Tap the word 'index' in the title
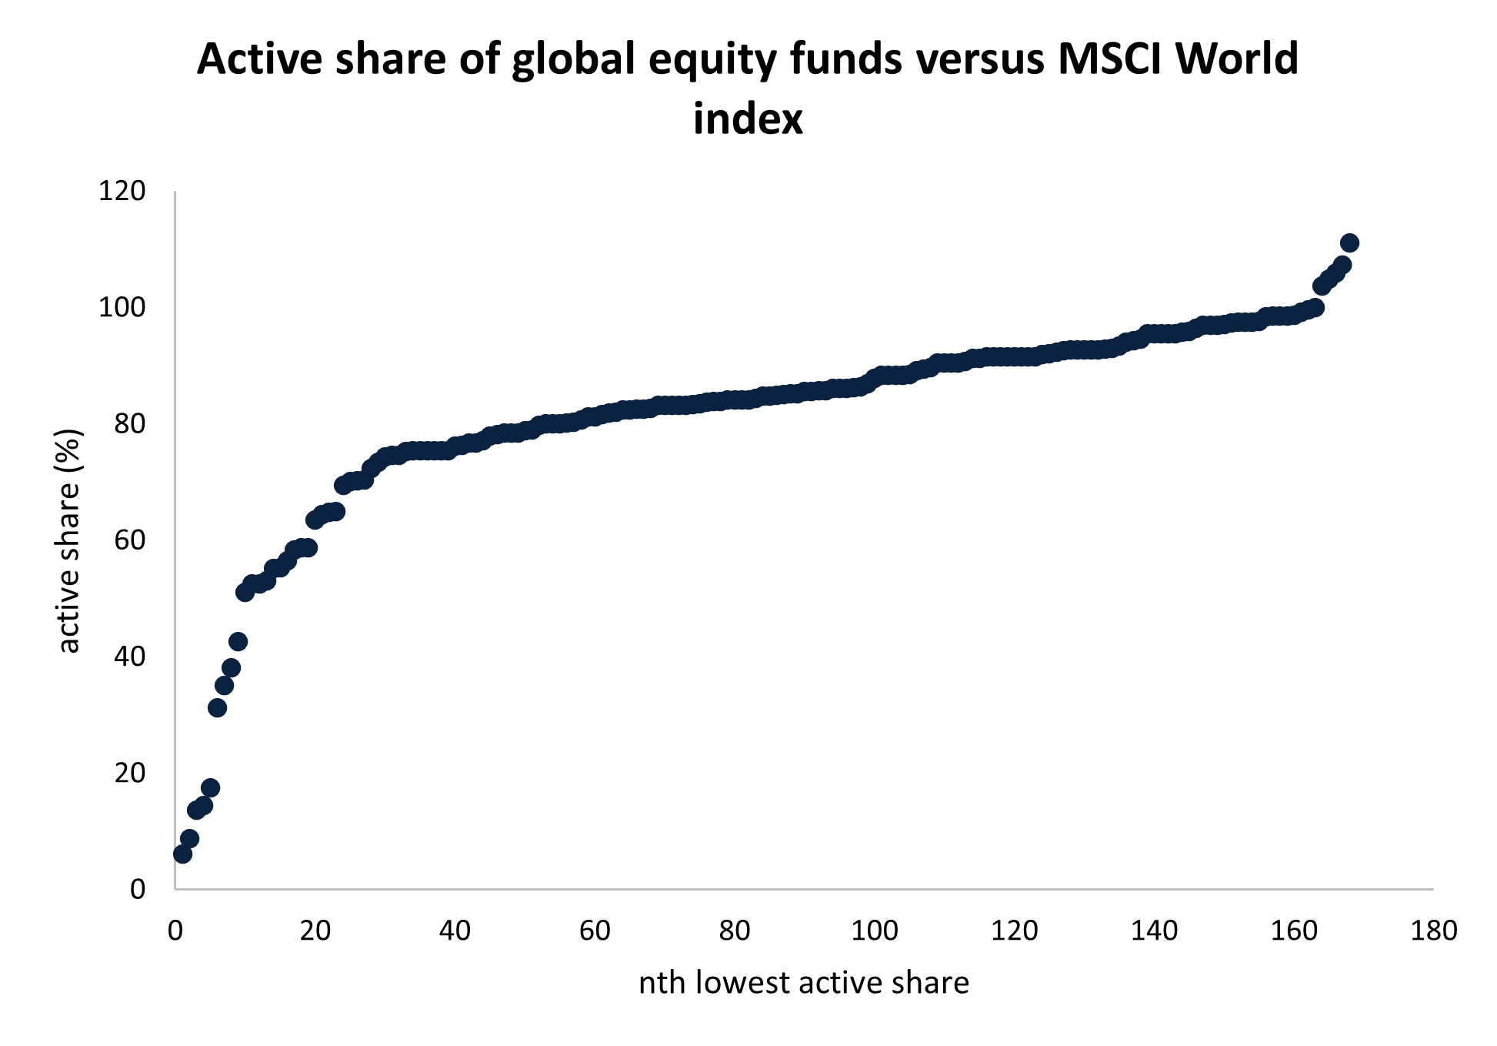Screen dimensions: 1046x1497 [748, 119]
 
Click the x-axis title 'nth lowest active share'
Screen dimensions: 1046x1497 [803, 983]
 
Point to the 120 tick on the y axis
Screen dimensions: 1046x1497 [122, 191]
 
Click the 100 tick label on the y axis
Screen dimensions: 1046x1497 [122, 307]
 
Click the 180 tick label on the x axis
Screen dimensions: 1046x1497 [1433, 931]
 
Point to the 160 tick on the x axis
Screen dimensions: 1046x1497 [1294, 931]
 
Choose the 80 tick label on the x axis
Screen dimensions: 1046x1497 [735, 931]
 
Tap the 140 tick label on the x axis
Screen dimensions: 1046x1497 [1154, 931]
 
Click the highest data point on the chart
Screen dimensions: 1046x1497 [1349, 243]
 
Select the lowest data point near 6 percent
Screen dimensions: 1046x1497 [182, 854]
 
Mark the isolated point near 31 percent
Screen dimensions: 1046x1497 [217, 707]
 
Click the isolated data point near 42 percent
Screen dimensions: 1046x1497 [238, 641]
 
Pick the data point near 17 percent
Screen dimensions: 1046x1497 [210, 787]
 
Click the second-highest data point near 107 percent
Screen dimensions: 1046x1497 [1342, 265]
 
